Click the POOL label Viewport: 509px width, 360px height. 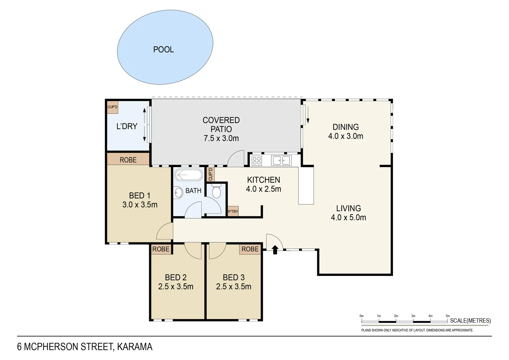click(163, 50)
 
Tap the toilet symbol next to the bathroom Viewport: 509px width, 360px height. click(216, 192)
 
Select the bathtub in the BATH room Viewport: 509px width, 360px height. click(189, 175)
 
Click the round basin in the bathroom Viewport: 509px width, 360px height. click(178, 192)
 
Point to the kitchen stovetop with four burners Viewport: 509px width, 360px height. click(257, 160)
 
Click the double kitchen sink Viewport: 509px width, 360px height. click(281, 160)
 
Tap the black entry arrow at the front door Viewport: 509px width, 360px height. click(275, 250)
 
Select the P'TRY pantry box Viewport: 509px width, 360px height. click(233, 211)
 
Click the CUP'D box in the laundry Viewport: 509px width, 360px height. click(112, 107)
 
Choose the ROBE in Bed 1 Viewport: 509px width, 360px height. click(128, 160)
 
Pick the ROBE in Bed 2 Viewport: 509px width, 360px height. click(161, 249)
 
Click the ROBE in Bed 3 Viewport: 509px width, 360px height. click(250, 249)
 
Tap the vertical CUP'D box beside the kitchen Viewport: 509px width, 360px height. click(211, 174)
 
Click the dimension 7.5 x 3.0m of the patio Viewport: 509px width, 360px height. click(221, 138)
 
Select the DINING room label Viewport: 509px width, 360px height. click(346, 127)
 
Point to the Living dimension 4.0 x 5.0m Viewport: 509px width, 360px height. click(348, 218)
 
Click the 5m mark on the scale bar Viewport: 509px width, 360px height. click(448, 316)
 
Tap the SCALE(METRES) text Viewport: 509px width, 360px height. click(470, 321)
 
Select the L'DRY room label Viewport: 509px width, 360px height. click(127, 126)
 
